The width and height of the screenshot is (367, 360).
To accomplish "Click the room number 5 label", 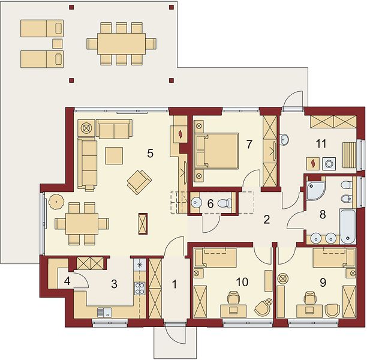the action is point(151,154).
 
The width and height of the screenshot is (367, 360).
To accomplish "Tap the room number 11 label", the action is point(321,143).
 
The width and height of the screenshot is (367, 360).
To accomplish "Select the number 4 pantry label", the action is point(67,281).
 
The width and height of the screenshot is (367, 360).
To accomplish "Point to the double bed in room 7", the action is point(216,151).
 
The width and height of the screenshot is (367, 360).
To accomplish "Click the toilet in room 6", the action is point(225,203).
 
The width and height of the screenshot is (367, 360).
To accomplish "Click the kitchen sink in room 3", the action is point(104,312).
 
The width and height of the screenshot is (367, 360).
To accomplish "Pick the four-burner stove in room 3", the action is point(140,289).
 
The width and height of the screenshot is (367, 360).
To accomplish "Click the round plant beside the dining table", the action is point(56,202).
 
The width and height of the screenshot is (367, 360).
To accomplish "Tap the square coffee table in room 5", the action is point(114,155).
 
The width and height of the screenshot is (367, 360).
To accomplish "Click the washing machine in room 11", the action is point(329,163).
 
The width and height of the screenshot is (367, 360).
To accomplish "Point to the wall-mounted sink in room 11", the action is point(284,140).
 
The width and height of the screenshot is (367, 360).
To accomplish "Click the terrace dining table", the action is point(122,44).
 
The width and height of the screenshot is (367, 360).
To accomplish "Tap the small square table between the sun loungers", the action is point(58,44).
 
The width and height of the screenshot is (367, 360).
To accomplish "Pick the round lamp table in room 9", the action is point(282,278).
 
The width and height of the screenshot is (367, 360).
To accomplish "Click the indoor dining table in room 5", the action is point(82,224).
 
